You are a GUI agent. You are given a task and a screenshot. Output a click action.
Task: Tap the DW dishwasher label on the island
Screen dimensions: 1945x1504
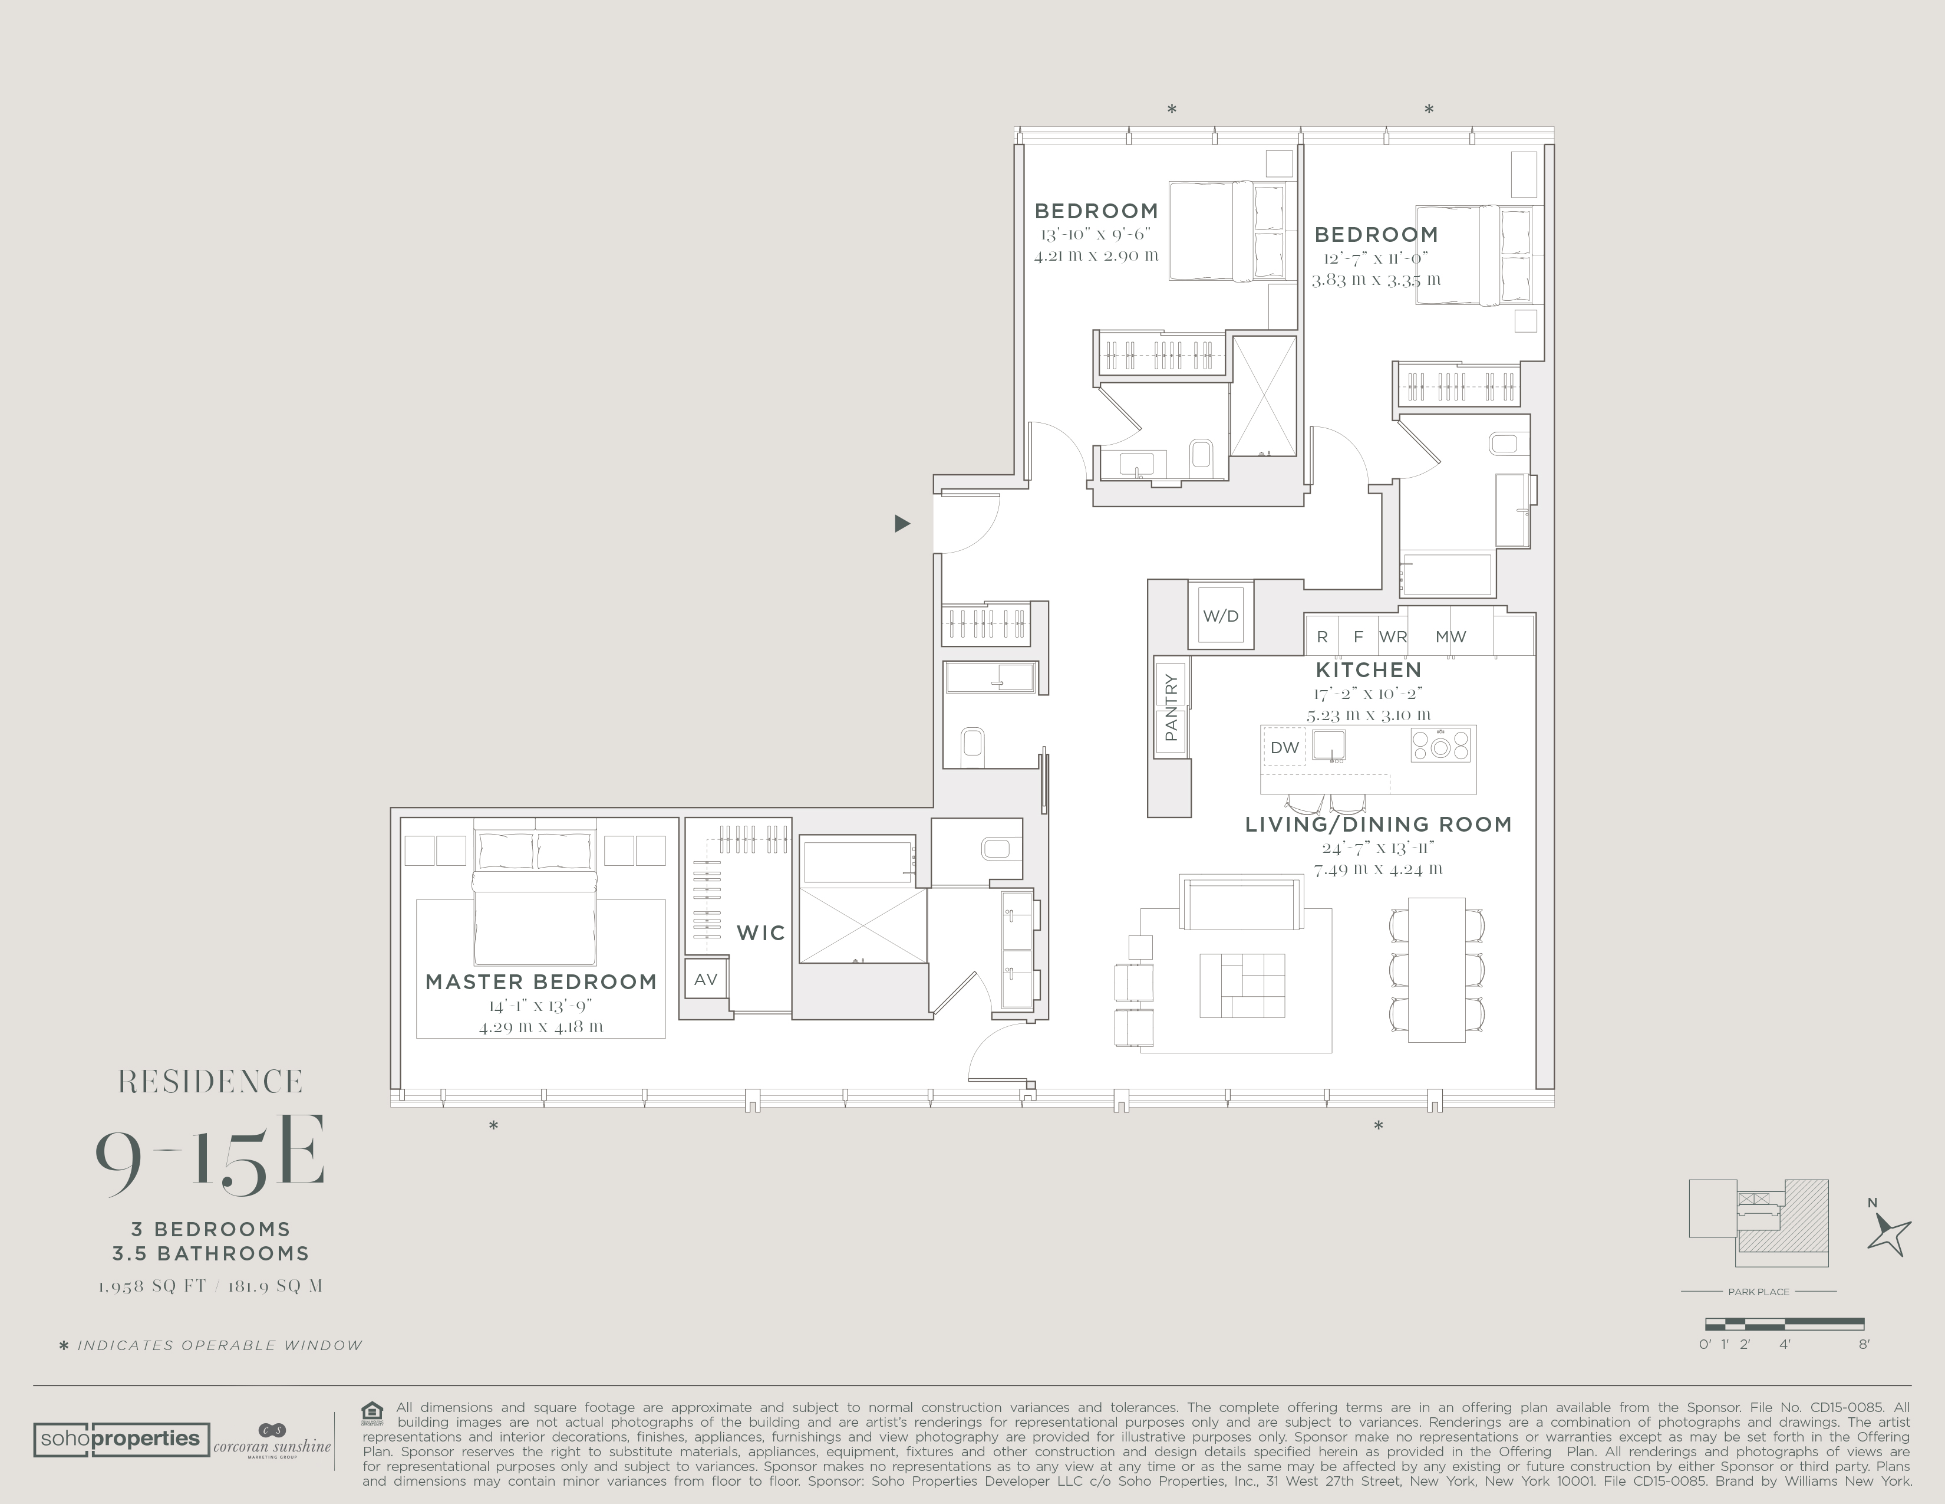1284,747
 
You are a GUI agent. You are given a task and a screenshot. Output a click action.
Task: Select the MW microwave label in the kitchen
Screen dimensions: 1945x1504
1450,637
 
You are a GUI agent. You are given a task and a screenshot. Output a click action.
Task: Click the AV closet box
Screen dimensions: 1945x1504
706,979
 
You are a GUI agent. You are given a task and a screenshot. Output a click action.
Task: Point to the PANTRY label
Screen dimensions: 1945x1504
1171,707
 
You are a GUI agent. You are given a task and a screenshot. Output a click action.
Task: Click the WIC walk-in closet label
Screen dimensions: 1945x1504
760,933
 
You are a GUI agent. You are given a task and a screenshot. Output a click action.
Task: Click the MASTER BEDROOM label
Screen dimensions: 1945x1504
540,982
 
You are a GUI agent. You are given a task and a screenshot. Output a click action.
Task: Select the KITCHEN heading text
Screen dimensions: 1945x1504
1369,670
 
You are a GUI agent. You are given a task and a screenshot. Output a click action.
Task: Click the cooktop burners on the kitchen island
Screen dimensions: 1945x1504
1440,745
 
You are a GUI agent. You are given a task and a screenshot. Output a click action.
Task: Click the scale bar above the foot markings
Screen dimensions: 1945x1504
1785,1324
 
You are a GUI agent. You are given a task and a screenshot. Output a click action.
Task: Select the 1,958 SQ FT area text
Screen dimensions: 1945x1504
152,1286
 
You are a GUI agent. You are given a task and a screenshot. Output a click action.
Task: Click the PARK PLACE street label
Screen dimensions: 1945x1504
1759,1291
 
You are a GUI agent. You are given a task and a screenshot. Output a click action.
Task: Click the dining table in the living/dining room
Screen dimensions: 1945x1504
1436,970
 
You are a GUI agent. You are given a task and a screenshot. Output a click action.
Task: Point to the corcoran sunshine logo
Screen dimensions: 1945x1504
272,1440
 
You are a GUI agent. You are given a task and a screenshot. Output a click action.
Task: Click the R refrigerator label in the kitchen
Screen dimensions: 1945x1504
1323,637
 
